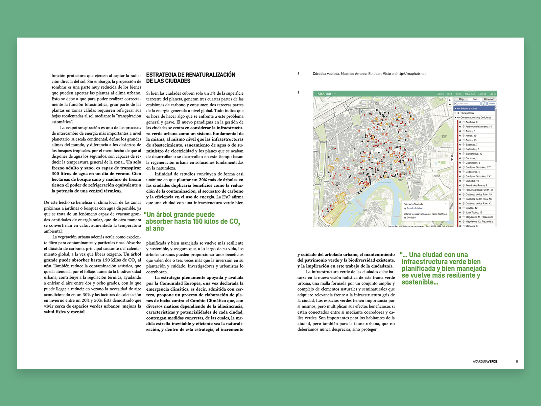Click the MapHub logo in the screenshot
pos(324,94)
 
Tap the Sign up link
pos(482,94)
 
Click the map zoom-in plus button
pos(450,100)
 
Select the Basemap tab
pos(489,99)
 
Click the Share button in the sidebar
pos(492,104)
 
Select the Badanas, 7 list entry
pos(471,144)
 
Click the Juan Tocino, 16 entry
pos(474,212)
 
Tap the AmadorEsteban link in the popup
pos(415,208)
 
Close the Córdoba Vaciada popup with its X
pos(446,204)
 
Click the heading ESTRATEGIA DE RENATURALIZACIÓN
pos(191,75)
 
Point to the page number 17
pos(517,362)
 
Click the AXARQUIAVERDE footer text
pos(485,362)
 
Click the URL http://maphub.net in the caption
pos(411,74)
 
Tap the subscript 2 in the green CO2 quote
pos(239,225)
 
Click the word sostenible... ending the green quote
pos(420,282)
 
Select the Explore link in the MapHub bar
pos(440,94)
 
